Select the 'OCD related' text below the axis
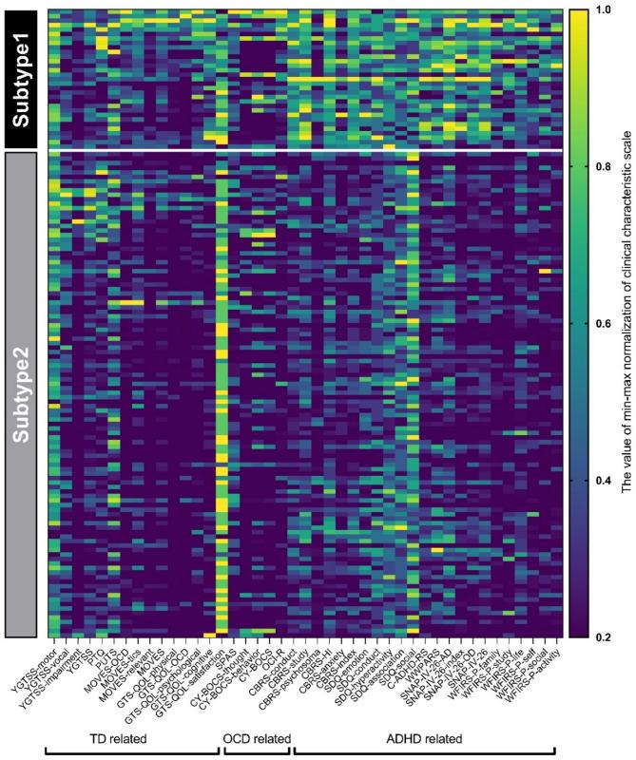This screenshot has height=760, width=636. coord(258,737)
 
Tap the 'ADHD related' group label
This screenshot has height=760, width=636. coord(424,737)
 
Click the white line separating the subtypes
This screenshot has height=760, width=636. coord(304,150)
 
